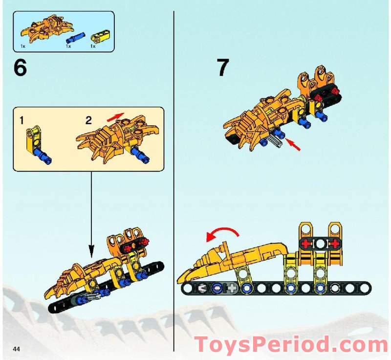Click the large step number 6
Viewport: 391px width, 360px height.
[x=20, y=67]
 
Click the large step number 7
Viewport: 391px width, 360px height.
[x=222, y=67]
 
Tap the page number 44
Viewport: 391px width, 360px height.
[x=17, y=349]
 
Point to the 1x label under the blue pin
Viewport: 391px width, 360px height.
[x=68, y=46]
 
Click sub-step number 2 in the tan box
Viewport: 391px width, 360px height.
[x=88, y=120]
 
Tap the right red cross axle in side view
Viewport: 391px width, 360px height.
[x=335, y=243]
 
